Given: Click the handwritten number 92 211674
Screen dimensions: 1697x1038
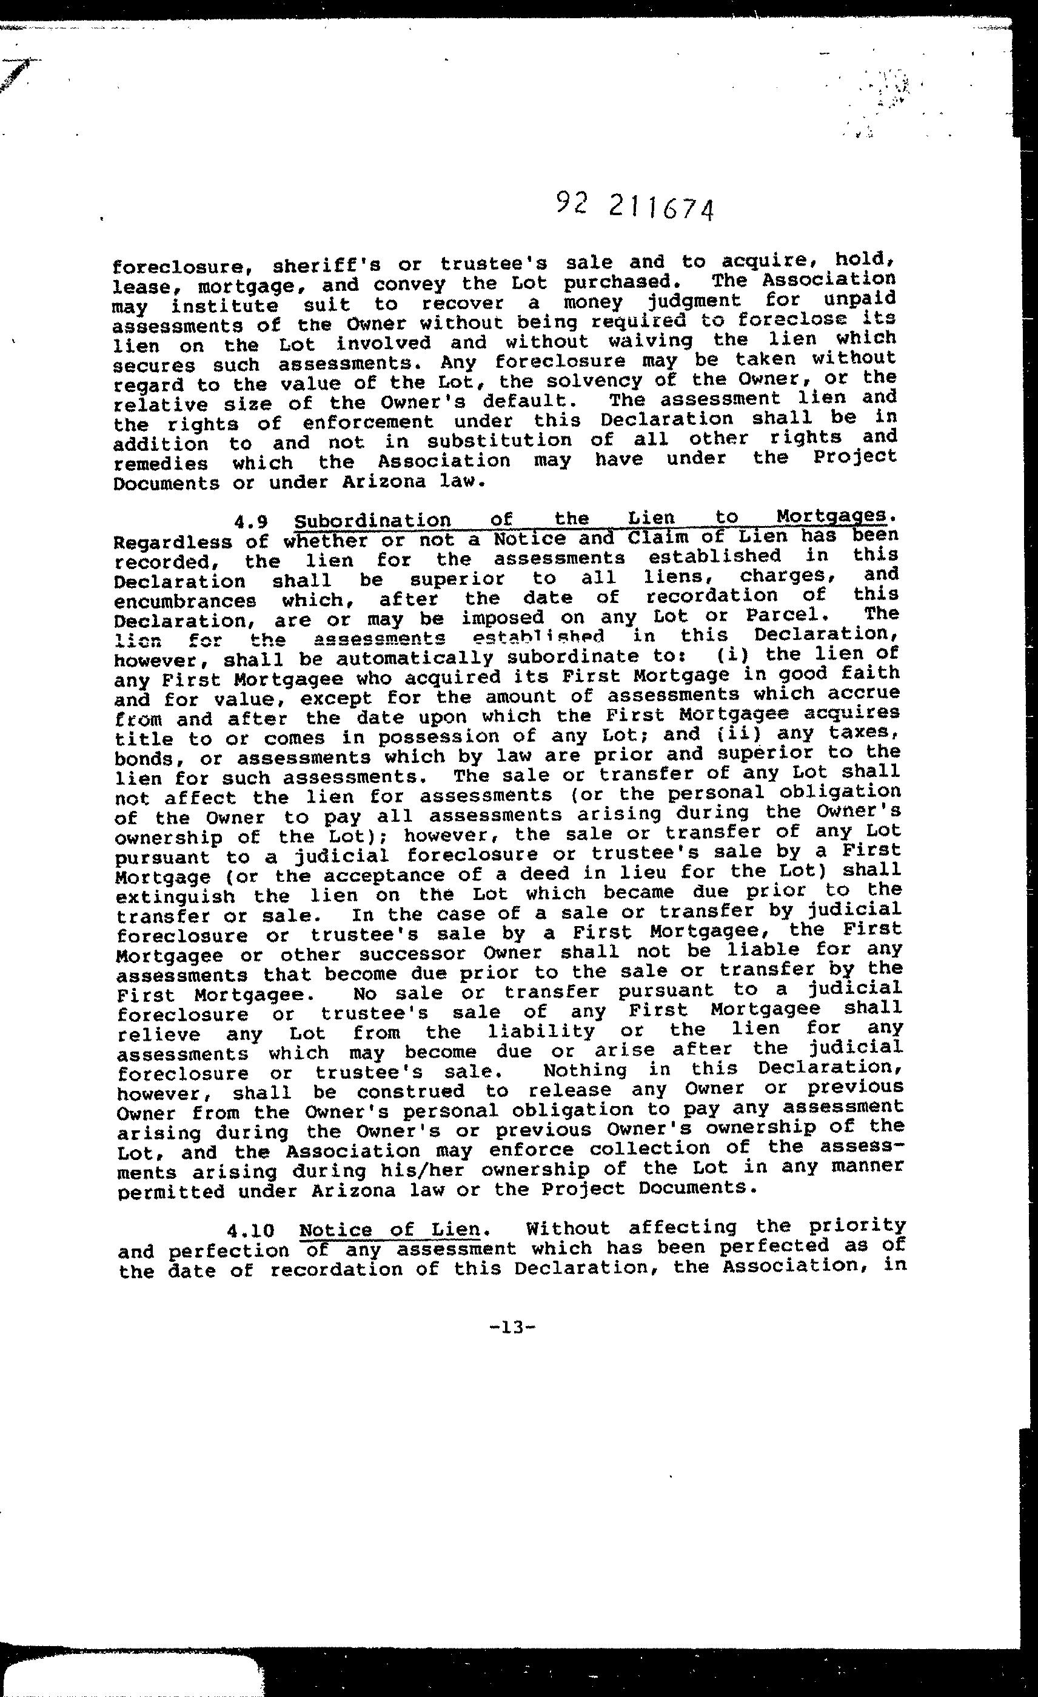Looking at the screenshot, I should [x=634, y=206].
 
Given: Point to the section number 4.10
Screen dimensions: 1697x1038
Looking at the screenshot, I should [x=253, y=1230].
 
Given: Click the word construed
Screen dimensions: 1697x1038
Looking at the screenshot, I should [x=410, y=1092].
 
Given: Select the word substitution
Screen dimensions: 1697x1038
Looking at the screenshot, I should [x=498, y=440].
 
